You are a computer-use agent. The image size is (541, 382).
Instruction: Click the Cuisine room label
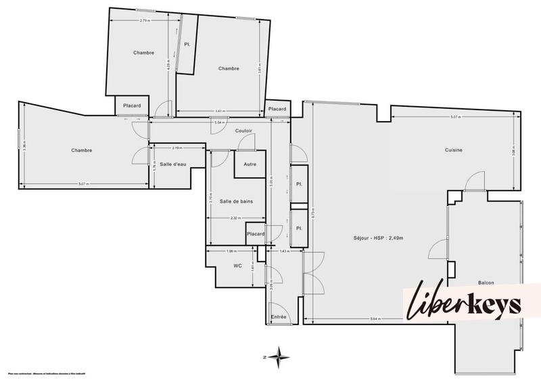454,150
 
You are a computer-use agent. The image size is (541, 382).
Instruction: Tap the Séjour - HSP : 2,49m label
377,239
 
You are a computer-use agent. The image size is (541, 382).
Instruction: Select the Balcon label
486,282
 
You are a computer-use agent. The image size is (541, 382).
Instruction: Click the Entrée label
278,317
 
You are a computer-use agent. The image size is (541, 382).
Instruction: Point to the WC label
237,266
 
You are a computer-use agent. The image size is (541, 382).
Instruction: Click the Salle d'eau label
173,164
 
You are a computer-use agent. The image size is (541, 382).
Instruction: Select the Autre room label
250,164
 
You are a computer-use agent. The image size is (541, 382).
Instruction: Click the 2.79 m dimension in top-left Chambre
144,21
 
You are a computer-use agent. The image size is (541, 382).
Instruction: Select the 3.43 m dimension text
219,111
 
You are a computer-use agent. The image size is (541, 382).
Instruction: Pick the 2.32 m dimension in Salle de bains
234,218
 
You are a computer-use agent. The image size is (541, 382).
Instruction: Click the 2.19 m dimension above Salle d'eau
177,147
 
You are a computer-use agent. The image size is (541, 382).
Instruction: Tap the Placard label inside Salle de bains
255,234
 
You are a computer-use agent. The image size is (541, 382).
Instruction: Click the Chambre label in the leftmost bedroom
81,150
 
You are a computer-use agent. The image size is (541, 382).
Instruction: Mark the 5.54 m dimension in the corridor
218,122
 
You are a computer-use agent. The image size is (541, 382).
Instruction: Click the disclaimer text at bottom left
51,373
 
